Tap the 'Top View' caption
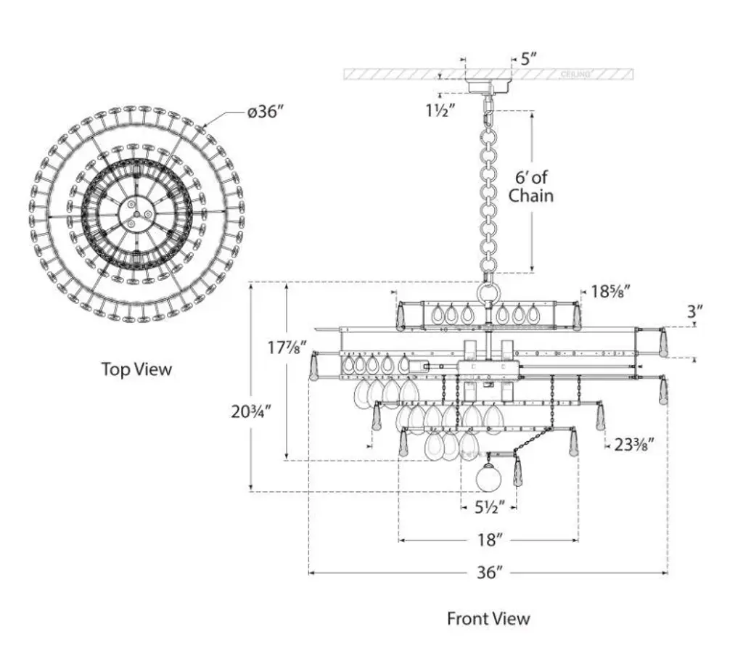[136, 369]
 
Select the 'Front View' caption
[488, 618]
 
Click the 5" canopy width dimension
[529, 59]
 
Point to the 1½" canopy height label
[440, 110]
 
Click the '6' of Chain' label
[530, 186]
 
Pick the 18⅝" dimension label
[610, 291]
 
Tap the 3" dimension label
[694, 311]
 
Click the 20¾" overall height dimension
[250, 411]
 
